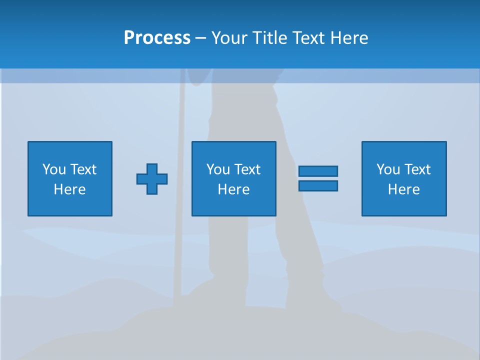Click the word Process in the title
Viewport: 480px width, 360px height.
[x=157, y=38]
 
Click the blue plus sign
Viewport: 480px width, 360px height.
[x=152, y=178]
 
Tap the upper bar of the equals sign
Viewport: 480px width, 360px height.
[x=318, y=171]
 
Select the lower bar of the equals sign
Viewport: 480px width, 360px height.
[x=318, y=185]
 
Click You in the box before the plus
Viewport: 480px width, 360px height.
[x=54, y=169]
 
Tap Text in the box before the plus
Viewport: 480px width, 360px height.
[x=83, y=169]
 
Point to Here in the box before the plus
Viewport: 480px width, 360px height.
[x=70, y=189]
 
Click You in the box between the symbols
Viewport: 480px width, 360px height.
[x=218, y=169]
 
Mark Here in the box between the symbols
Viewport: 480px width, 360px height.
[x=234, y=189]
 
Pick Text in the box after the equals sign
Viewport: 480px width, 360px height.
[x=417, y=169]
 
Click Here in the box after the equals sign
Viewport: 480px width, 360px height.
[x=404, y=189]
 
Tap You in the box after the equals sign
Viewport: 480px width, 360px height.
[x=388, y=169]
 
